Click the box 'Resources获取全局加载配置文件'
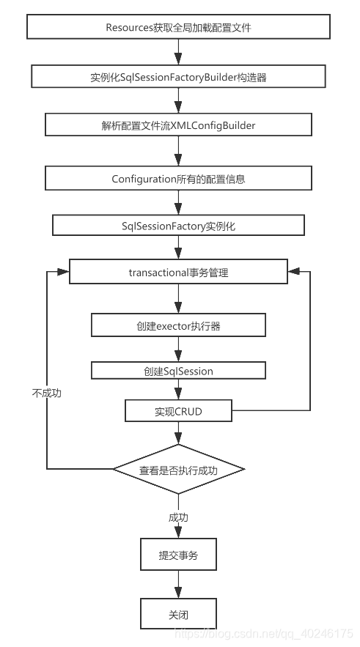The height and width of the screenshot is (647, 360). [178, 28]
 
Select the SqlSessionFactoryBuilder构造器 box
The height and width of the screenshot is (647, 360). [178, 77]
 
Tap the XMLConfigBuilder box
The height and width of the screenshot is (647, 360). [178, 125]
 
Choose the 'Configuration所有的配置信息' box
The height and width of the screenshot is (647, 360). [178, 178]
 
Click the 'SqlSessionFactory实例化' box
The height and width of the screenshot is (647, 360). [178, 226]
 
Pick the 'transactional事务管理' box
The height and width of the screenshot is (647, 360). [178, 273]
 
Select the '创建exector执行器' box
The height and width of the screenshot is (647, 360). [178, 325]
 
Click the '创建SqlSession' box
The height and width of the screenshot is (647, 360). [178, 371]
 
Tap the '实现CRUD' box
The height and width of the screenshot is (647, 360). [178, 411]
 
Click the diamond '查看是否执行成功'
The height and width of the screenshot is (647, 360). [178, 469]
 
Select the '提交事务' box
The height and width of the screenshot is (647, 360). [178, 555]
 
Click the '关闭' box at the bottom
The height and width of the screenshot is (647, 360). [178, 614]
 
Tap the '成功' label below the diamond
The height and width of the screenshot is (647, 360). [178, 517]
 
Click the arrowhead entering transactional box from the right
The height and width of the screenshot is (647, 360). [293, 271]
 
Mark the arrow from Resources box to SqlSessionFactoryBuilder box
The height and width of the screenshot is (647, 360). [178, 52]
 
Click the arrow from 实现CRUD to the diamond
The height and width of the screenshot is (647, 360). [178, 434]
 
